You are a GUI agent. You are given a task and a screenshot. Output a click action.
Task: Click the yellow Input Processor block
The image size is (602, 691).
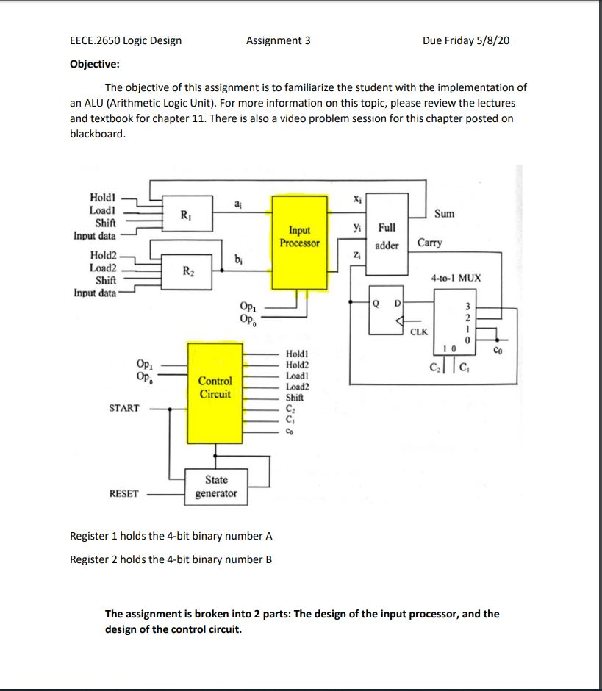pos(299,240)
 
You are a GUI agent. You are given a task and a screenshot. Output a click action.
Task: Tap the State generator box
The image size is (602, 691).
pos(215,487)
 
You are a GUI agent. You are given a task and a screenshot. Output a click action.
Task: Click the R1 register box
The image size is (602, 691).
pos(187,215)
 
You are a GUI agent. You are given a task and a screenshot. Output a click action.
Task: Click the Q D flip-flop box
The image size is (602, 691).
pos(386,309)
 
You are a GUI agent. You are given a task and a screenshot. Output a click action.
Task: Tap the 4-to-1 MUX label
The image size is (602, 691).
pos(456,279)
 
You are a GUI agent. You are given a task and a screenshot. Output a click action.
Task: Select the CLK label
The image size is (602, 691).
pos(419,332)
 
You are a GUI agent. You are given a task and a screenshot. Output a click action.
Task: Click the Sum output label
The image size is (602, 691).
pos(445,214)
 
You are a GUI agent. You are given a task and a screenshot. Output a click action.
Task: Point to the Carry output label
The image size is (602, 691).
pos(429,243)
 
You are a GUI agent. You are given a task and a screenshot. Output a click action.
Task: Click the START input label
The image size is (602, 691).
pos(123,407)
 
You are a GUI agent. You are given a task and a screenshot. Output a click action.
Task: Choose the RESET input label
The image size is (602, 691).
pos(123,493)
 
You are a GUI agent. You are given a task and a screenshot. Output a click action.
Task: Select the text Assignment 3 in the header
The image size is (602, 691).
pos(278,40)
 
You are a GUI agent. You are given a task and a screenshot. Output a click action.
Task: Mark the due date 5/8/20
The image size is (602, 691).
pos(493,40)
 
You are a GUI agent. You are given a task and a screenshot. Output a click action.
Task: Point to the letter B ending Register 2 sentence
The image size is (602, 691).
pos(268,559)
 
